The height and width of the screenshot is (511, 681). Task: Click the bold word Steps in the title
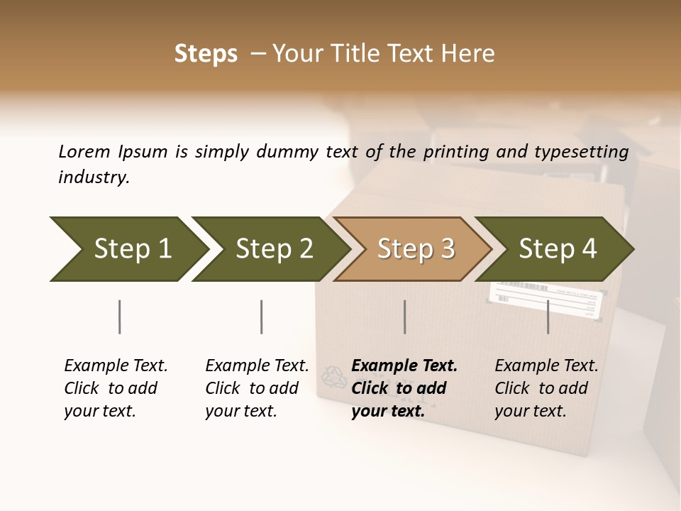206,54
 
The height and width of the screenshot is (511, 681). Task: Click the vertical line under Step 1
120,317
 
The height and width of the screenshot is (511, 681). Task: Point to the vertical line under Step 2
262,317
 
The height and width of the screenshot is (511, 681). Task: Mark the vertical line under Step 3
404,317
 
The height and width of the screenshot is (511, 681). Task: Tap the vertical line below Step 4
548,317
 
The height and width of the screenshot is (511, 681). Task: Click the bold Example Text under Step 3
404,366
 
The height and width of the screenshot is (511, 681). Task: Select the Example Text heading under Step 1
116,366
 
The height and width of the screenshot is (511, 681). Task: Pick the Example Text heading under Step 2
257,366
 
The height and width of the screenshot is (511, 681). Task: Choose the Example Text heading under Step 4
546,366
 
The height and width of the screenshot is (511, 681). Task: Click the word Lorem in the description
84,151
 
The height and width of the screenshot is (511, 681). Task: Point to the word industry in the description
94,177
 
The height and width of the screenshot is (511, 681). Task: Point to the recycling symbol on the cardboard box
333,376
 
